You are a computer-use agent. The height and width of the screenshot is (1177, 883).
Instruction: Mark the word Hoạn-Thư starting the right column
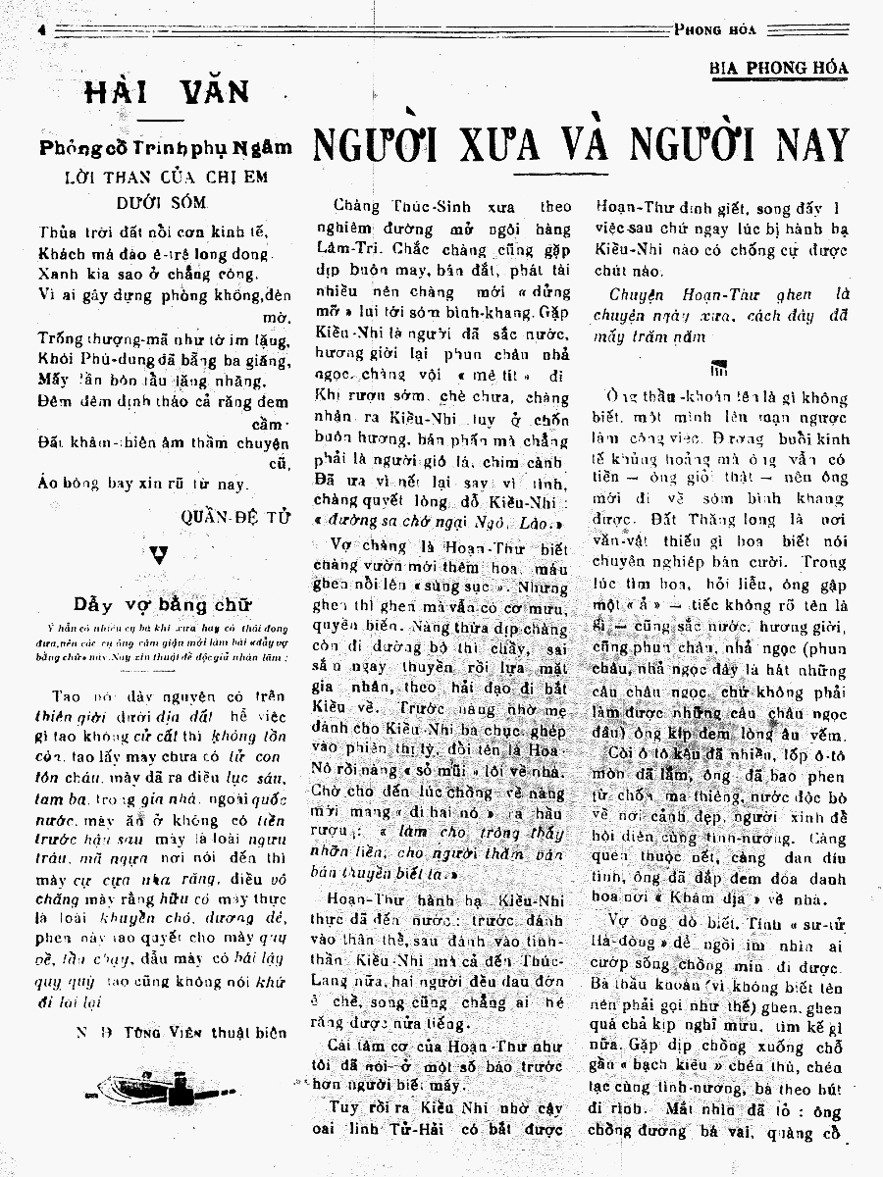point(635,208)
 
